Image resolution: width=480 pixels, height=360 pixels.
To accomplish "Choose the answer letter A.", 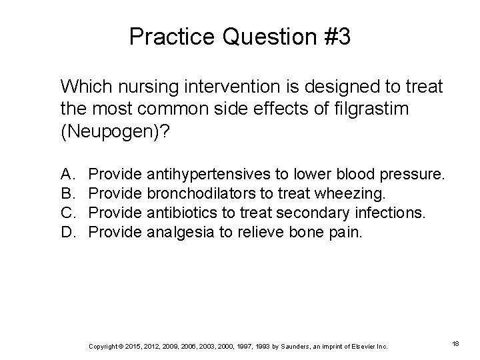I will (x=67, y=175).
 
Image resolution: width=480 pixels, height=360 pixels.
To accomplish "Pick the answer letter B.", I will (x=67, y=193).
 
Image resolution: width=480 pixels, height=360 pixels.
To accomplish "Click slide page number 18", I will (x=455, y=343).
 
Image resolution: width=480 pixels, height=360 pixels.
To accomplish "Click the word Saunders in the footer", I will (x=288, y=345).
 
